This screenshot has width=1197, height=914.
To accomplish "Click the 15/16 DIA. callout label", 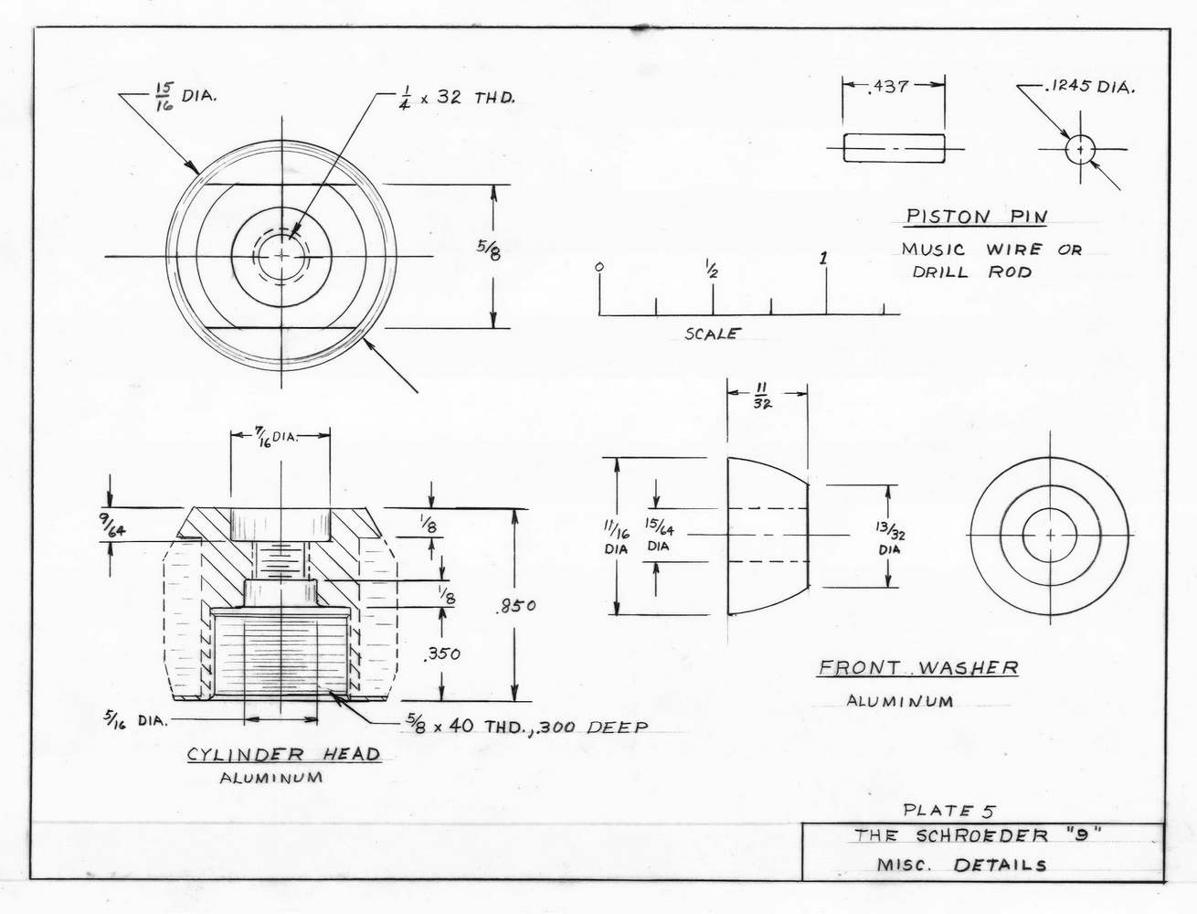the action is tap(185, 98).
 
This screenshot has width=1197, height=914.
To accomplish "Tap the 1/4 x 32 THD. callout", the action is tap(456, 99).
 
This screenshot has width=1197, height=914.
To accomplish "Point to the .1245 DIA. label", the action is tap(1089, 87).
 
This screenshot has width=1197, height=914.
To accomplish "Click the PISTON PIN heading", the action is tap(976, 216).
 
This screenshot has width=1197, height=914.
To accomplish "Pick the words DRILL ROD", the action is tap(972, 271).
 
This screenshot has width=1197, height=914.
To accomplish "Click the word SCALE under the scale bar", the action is tap(713, 334).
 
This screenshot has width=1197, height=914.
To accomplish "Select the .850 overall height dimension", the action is tap(516, 606).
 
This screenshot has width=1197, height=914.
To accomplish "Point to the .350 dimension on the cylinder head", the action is tap(441, 654).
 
